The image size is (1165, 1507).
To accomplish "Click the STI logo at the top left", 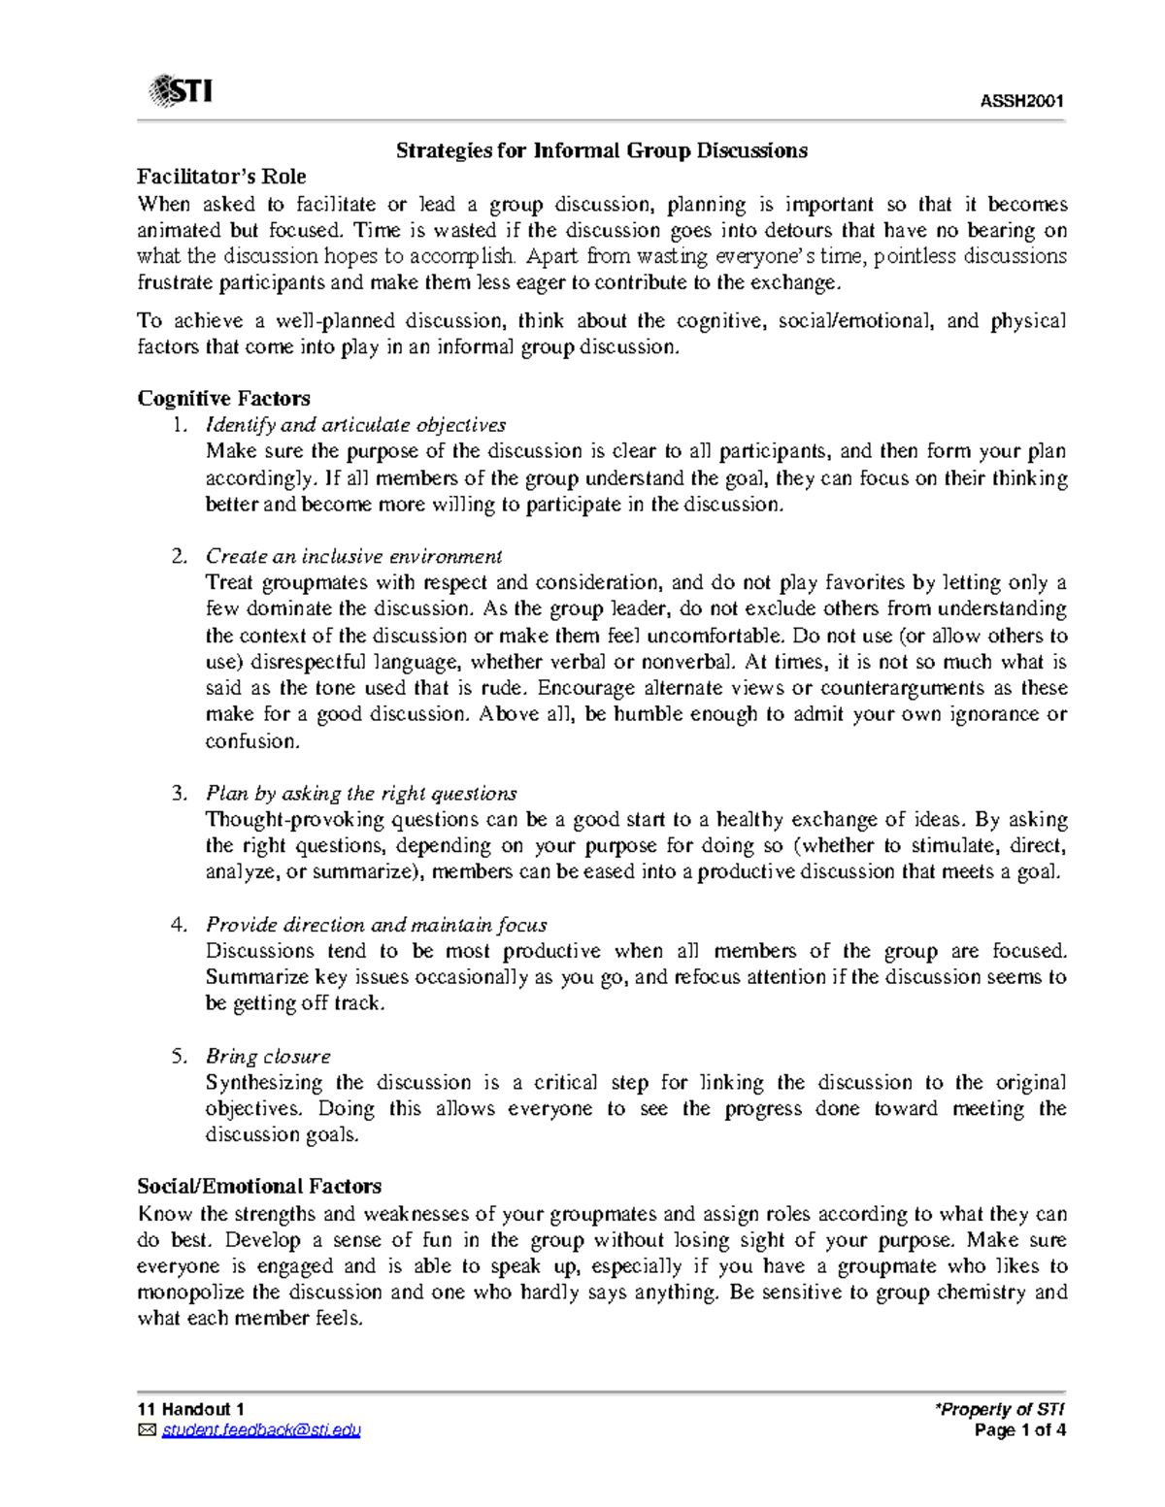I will pyautogui.click(x=181, y=91).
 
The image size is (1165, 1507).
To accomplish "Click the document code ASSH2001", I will pyautogui.click(x=1021, y=102).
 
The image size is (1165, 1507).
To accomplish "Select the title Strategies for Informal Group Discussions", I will pyautogui.click(x=601, y=150).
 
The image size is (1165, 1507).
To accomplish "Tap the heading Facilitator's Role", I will pyautogui.click(x=221, y=177).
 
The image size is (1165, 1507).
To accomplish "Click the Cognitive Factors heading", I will pyautogui.click(x=223, y=399).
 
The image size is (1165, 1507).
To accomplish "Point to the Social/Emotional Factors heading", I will pyautogui.click(x=259, y=1186).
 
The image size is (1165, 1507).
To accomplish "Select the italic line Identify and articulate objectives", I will pyautogui.click(x=355, y=425).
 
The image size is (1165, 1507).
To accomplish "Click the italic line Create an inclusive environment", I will pyautogui.click(x=353, y=556).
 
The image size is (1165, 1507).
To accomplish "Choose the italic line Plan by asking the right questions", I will pyautogui.click(x=361, y=793).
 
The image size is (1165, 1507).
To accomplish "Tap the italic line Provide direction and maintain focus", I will pyautogui.click(x=376, y=925).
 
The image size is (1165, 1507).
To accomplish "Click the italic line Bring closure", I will pyautogui.click(x=268, y=1056).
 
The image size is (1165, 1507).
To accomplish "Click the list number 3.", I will pyautogui.click(x=178, y=793).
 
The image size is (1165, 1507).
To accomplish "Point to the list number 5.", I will pyautogui.click(x=178, y=1056).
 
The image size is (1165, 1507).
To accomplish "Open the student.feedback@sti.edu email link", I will pyautogui.click(x=261, y=1430).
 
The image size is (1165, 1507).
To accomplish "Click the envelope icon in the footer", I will pyautogui.click(x=147, y=1430).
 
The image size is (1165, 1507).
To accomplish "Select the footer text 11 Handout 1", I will pyautogui.click(x=190, y=1409).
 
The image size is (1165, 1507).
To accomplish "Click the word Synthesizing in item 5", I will pyautogui.click(x=263, y=1082).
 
